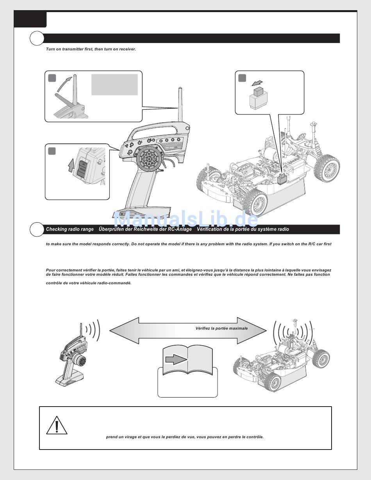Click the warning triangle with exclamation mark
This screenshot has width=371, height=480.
coord(57,425)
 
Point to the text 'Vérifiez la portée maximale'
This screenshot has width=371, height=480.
coord(221,328)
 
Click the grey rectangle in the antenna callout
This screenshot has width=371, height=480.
coord(114,84)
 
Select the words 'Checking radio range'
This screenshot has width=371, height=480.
coord(70,229)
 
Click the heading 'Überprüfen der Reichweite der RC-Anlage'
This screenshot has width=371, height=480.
coord(145,229)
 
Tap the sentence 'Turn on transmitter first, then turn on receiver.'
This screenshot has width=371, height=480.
coord(91,49)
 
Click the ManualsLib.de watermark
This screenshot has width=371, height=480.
coord(185,220)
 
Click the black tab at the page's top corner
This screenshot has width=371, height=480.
coord(30,19)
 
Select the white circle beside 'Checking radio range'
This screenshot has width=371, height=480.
coord(37,229)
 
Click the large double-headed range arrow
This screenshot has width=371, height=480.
coord(188,330)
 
